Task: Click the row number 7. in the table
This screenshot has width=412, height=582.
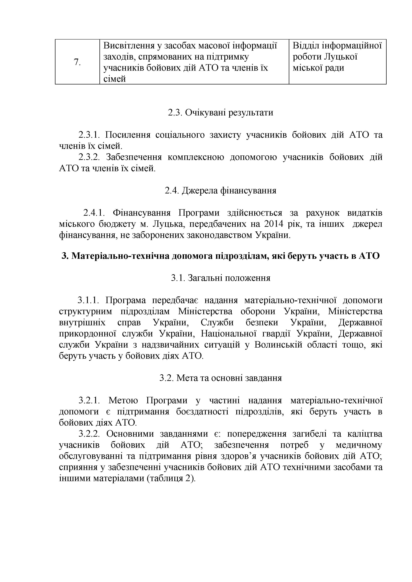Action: click(77, 62)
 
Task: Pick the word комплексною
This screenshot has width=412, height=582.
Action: click(196, 157)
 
